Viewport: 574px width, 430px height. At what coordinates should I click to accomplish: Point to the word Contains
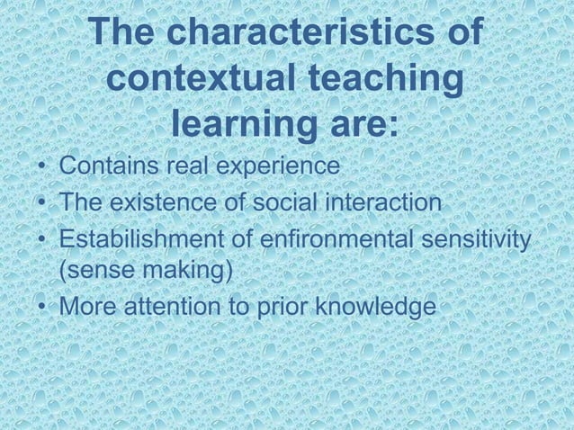[108, 168]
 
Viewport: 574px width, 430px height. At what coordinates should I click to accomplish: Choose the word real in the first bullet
[186, 168]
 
